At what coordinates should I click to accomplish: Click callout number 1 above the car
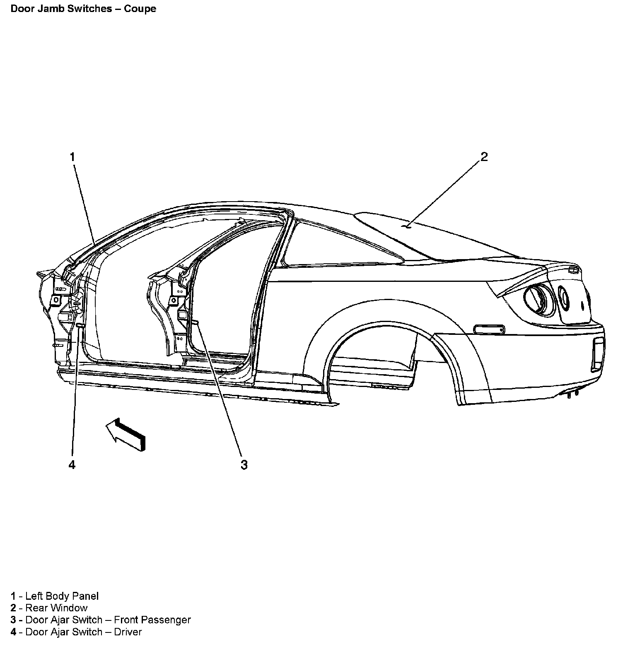[x=72, y=157]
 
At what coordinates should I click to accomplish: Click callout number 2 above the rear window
[x=484, y=157]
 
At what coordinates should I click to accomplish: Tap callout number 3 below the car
[x=244, y=465]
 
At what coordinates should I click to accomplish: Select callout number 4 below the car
[x=72, y=465]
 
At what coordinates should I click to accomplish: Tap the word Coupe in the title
[x=140, y=9]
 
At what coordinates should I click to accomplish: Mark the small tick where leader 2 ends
[x=408, y=226]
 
